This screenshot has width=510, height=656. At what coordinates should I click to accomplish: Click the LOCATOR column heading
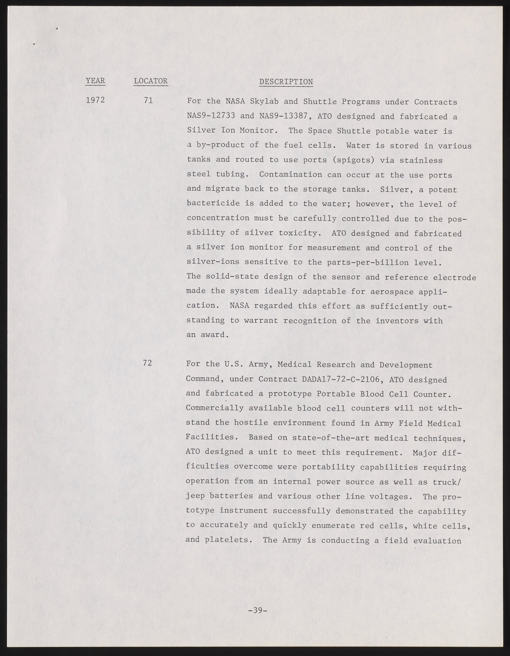pyautogui.click(x=151, y=81)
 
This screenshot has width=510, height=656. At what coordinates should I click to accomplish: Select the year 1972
pyautogui.click(x=95, y=100)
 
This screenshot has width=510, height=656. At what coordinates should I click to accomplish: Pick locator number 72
pyautogui.click(x=147, y=363)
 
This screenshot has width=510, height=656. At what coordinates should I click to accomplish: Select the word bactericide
pyautogui.click(x=213, y=203)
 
